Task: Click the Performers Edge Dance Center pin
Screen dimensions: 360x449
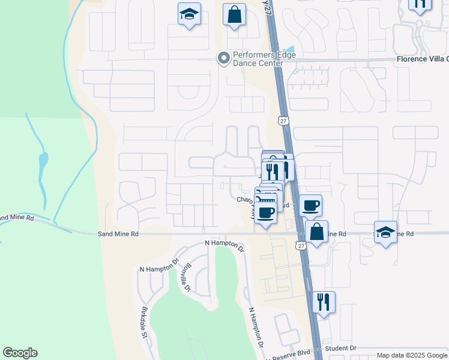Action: pos(223,58)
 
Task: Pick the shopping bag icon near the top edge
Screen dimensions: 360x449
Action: pos(234,15)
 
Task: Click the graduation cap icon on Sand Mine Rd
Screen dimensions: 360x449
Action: pos(385,232)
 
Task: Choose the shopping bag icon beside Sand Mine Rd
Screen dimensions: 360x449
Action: pos(316,232)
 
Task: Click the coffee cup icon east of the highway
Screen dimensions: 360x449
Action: pos(310,206)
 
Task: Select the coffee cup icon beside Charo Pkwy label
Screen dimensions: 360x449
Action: pos(266,212)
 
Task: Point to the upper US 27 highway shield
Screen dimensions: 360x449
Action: pos(284,121)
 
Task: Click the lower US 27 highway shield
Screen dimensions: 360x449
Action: pos(301,245)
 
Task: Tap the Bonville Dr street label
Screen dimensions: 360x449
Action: pos(187,277)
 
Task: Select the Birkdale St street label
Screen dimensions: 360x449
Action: pos(144,323)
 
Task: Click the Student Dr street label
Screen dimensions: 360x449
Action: pos(340,348)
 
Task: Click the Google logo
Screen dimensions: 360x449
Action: pos(20,353)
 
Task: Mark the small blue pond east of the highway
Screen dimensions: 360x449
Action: pos(291,50)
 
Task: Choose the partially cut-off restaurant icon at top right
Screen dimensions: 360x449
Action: pos(419,5)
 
